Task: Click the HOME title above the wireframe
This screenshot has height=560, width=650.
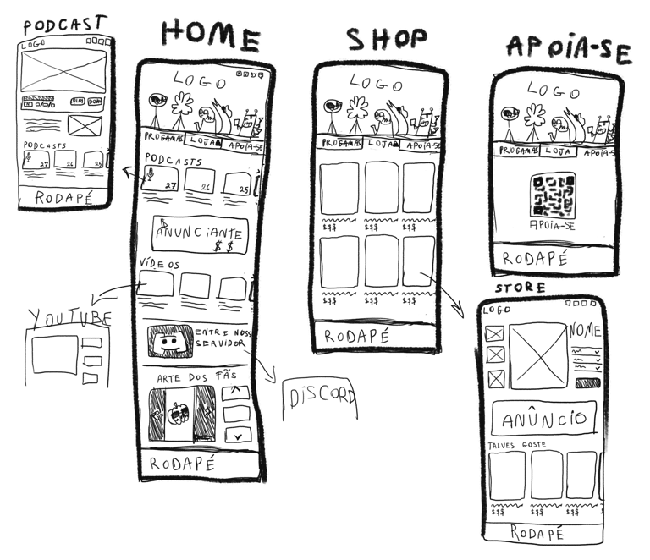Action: pyautogui.click(x=211, y=35)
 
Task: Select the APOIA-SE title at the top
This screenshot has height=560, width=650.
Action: pyautogui.click(x=568, y=49)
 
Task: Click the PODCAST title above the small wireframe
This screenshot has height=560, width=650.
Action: pyautogui.click(x=63, y=22)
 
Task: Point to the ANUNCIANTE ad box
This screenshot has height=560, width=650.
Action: pyautogui.click(x=200, y=233)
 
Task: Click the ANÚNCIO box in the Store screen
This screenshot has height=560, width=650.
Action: pyautogui.click(x=544, y=418)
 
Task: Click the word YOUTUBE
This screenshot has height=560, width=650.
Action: pyautogui.click(x=69, y=317)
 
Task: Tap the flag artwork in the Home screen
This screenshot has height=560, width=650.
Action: pyautogui.click(x=180, y=415)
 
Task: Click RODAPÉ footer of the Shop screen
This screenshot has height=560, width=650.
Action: pyautogui.click(x=356, y=336)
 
